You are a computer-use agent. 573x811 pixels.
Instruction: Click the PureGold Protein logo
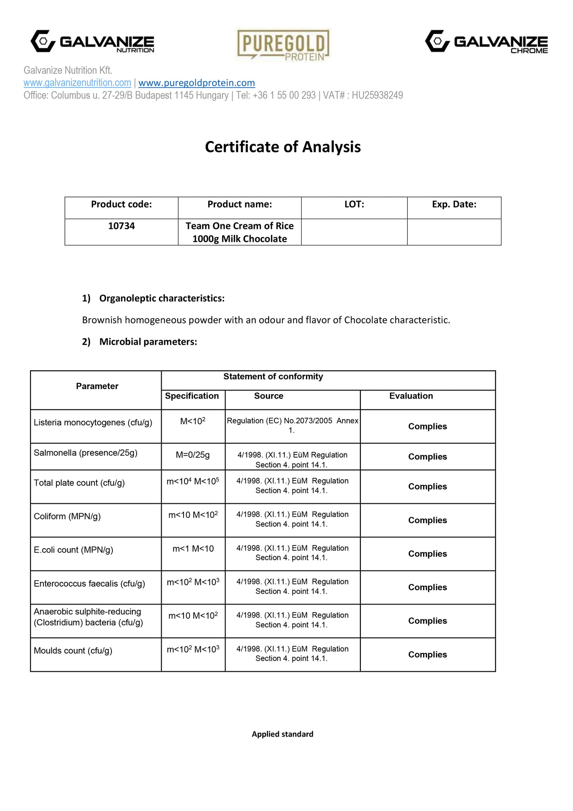point(283,45)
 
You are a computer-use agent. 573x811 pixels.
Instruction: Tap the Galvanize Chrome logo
point(486,42)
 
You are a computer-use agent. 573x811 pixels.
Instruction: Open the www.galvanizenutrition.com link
point(77,83)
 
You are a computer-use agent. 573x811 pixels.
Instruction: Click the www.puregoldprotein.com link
point(197,83)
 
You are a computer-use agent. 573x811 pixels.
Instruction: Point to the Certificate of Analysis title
point(283,147)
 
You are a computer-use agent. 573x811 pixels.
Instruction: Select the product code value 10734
point(121,226)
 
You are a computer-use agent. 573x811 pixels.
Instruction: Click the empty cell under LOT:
point(354,232)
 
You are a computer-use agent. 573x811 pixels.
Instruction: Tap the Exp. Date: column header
point(454,205)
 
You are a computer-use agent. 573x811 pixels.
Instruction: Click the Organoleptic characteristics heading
point(162,298)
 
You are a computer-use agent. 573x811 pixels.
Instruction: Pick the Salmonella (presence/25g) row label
point(86,453)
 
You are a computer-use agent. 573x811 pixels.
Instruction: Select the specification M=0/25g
point(193,455)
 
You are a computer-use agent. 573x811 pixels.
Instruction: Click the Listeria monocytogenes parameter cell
point(93,423)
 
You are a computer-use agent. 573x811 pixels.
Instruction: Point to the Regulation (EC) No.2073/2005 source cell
point(292,425)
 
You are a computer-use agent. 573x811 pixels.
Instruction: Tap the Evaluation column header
point(411,396)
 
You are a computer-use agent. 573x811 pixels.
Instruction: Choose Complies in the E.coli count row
point(428,554)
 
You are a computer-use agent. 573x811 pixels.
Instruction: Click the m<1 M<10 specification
point(193,549)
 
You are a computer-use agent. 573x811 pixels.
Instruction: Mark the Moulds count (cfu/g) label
point(73,651)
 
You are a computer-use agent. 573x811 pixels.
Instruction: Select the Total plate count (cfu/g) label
point(79,483)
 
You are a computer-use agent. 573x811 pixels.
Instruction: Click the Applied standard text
point(282,734)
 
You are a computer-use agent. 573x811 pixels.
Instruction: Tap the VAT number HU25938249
point(377,95)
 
